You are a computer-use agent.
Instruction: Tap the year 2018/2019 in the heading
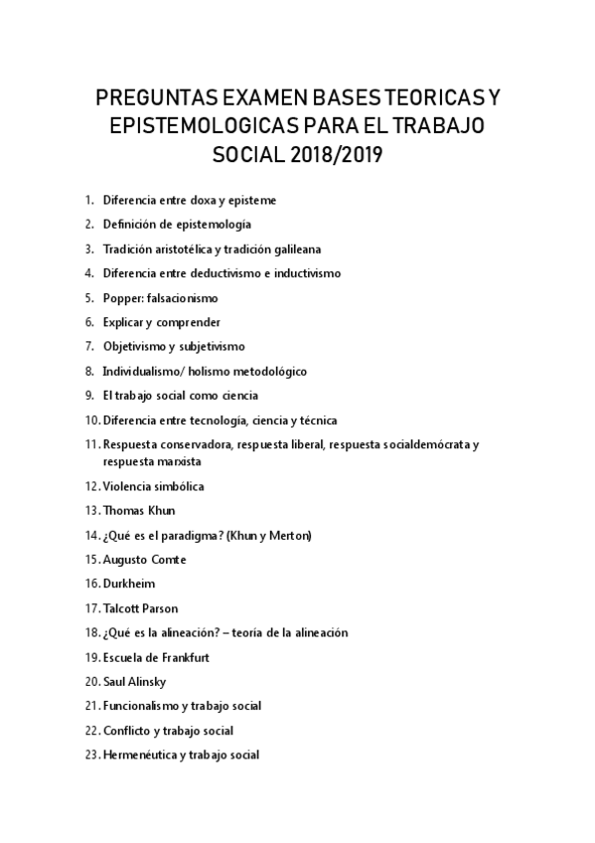coord(336,156)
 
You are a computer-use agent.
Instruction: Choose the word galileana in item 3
coord(294,249)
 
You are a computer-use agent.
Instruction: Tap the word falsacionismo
coord(181,298)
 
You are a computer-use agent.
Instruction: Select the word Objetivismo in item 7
coord(132,347)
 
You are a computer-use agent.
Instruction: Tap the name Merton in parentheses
coord(290,536)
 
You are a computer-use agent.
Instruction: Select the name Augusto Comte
coord(145,560)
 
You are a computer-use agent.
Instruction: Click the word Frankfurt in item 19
coord(184,657)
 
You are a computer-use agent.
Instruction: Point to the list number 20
coord(91,682)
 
